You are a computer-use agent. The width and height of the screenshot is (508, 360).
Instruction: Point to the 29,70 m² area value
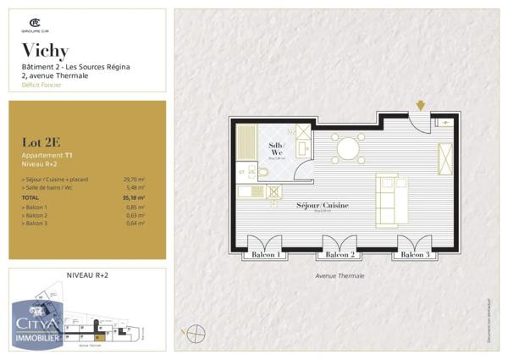[134, 180]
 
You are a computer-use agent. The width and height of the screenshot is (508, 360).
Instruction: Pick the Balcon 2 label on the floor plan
[340, 255]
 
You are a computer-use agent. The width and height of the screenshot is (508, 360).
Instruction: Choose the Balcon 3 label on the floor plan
[415, 255]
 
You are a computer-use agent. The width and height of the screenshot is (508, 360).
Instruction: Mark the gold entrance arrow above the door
[420, 106]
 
